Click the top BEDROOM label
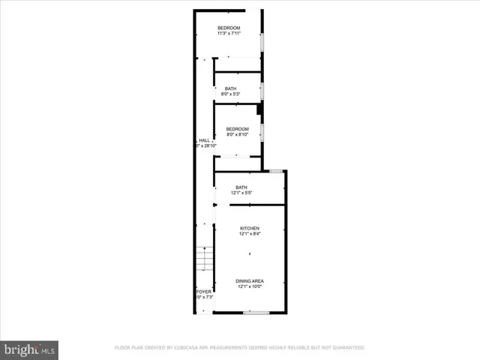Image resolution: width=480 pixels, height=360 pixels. pyautogui.click(x=229, y=28)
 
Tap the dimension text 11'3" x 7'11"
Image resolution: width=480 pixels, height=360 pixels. pyautogui.click(x=229, y=34)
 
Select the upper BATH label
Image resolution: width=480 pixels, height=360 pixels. pyautogui.click(x=229, y=89)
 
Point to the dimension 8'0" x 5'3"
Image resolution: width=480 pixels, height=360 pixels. pyautogui.click(x=231, y=94)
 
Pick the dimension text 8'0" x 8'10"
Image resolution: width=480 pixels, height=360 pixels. pyautogui.click(x=237, y=135)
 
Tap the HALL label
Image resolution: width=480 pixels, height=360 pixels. pyautogui.click(x=204, y=140)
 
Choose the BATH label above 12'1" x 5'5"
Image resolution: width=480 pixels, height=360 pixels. pyautogui.click(x=241, y=187)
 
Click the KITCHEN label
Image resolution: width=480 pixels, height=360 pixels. pyautogui.click(x=250, y=228)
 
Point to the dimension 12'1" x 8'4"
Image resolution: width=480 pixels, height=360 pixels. pyautogui.click(x=250, y=233)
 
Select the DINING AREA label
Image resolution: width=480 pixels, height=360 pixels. pyautogui.click(x=250, y=281)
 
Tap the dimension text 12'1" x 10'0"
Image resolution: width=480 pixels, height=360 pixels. pyautogui.click(x=250, y=286)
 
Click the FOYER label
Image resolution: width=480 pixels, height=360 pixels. pyautogui.click(x=203, y=292)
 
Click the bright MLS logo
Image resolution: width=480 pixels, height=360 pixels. pyautogui.click(x=30, y=349)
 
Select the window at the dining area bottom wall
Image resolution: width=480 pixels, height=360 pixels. pyautogui.click(x=256, y=312)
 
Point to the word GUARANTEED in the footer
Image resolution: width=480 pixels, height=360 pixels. pyautogui.click(x=349, y=348)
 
